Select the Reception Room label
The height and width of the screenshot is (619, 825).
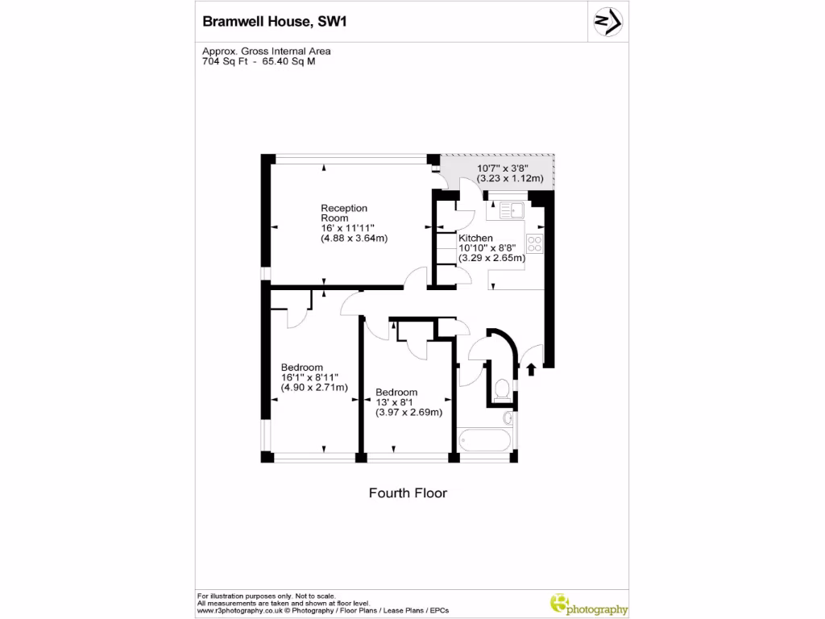coord(344,213)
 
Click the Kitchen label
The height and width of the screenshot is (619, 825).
coord(475,239)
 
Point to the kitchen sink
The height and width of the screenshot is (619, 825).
coord(511,211)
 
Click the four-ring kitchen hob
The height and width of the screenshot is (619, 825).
coord(534,243)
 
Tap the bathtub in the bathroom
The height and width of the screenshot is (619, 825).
coord(483,441)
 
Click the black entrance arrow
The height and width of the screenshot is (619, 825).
coord(531,369)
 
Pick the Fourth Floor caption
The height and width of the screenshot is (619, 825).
coord(408,492)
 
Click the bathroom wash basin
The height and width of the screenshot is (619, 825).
coord(508,418)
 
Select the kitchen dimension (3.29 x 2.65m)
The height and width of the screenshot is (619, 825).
coord(491,258)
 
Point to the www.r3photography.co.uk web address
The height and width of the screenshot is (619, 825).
coord(239,610)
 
